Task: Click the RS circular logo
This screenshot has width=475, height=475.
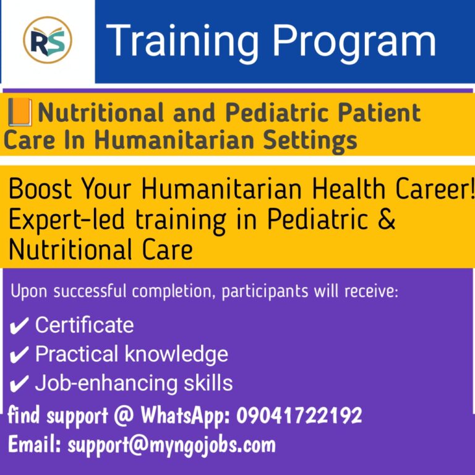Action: (48, 41)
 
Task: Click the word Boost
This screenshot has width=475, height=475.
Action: (42, 190)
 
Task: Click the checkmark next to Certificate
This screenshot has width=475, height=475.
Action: (20, 326)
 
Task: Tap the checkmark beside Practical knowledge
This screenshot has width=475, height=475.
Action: (20, 355)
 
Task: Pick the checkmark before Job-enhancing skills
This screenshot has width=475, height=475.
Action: (20, 384)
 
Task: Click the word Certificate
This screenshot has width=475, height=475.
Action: (84, 325)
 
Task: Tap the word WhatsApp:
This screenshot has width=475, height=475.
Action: (185, 416)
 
